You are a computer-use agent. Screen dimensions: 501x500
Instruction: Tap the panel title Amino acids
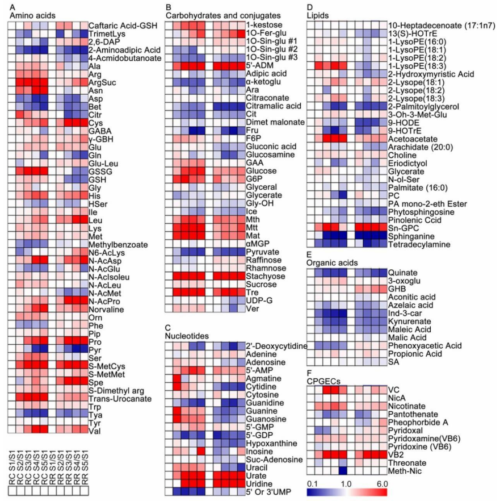click(x=32, y=15)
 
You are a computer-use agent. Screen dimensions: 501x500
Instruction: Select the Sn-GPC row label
click(x=403, y=227)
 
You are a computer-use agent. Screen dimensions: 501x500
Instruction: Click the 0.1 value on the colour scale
click(x=312, y=483)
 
